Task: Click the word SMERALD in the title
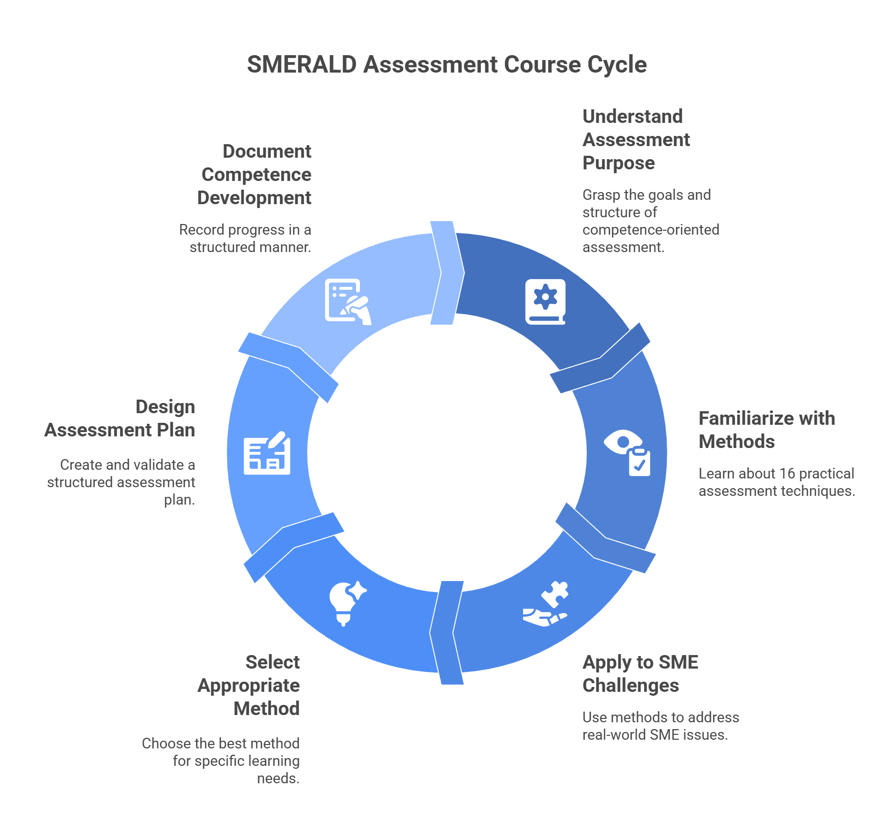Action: pos(301,65)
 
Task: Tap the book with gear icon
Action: pos(545,301)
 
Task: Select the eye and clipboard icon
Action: pos(627,453)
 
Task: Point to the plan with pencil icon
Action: pos(267,453)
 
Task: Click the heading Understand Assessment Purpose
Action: pos(636,139)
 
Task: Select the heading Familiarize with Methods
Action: pos(766,430)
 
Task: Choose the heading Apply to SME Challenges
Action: pos(640,673)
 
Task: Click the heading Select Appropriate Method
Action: pos(249,685)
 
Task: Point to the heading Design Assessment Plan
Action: pos(120,418)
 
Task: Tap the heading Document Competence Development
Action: pos(254,174)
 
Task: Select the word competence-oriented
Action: pos(651,229)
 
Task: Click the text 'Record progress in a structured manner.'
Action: pos(245,238)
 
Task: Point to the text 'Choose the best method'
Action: pos(221,743)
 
